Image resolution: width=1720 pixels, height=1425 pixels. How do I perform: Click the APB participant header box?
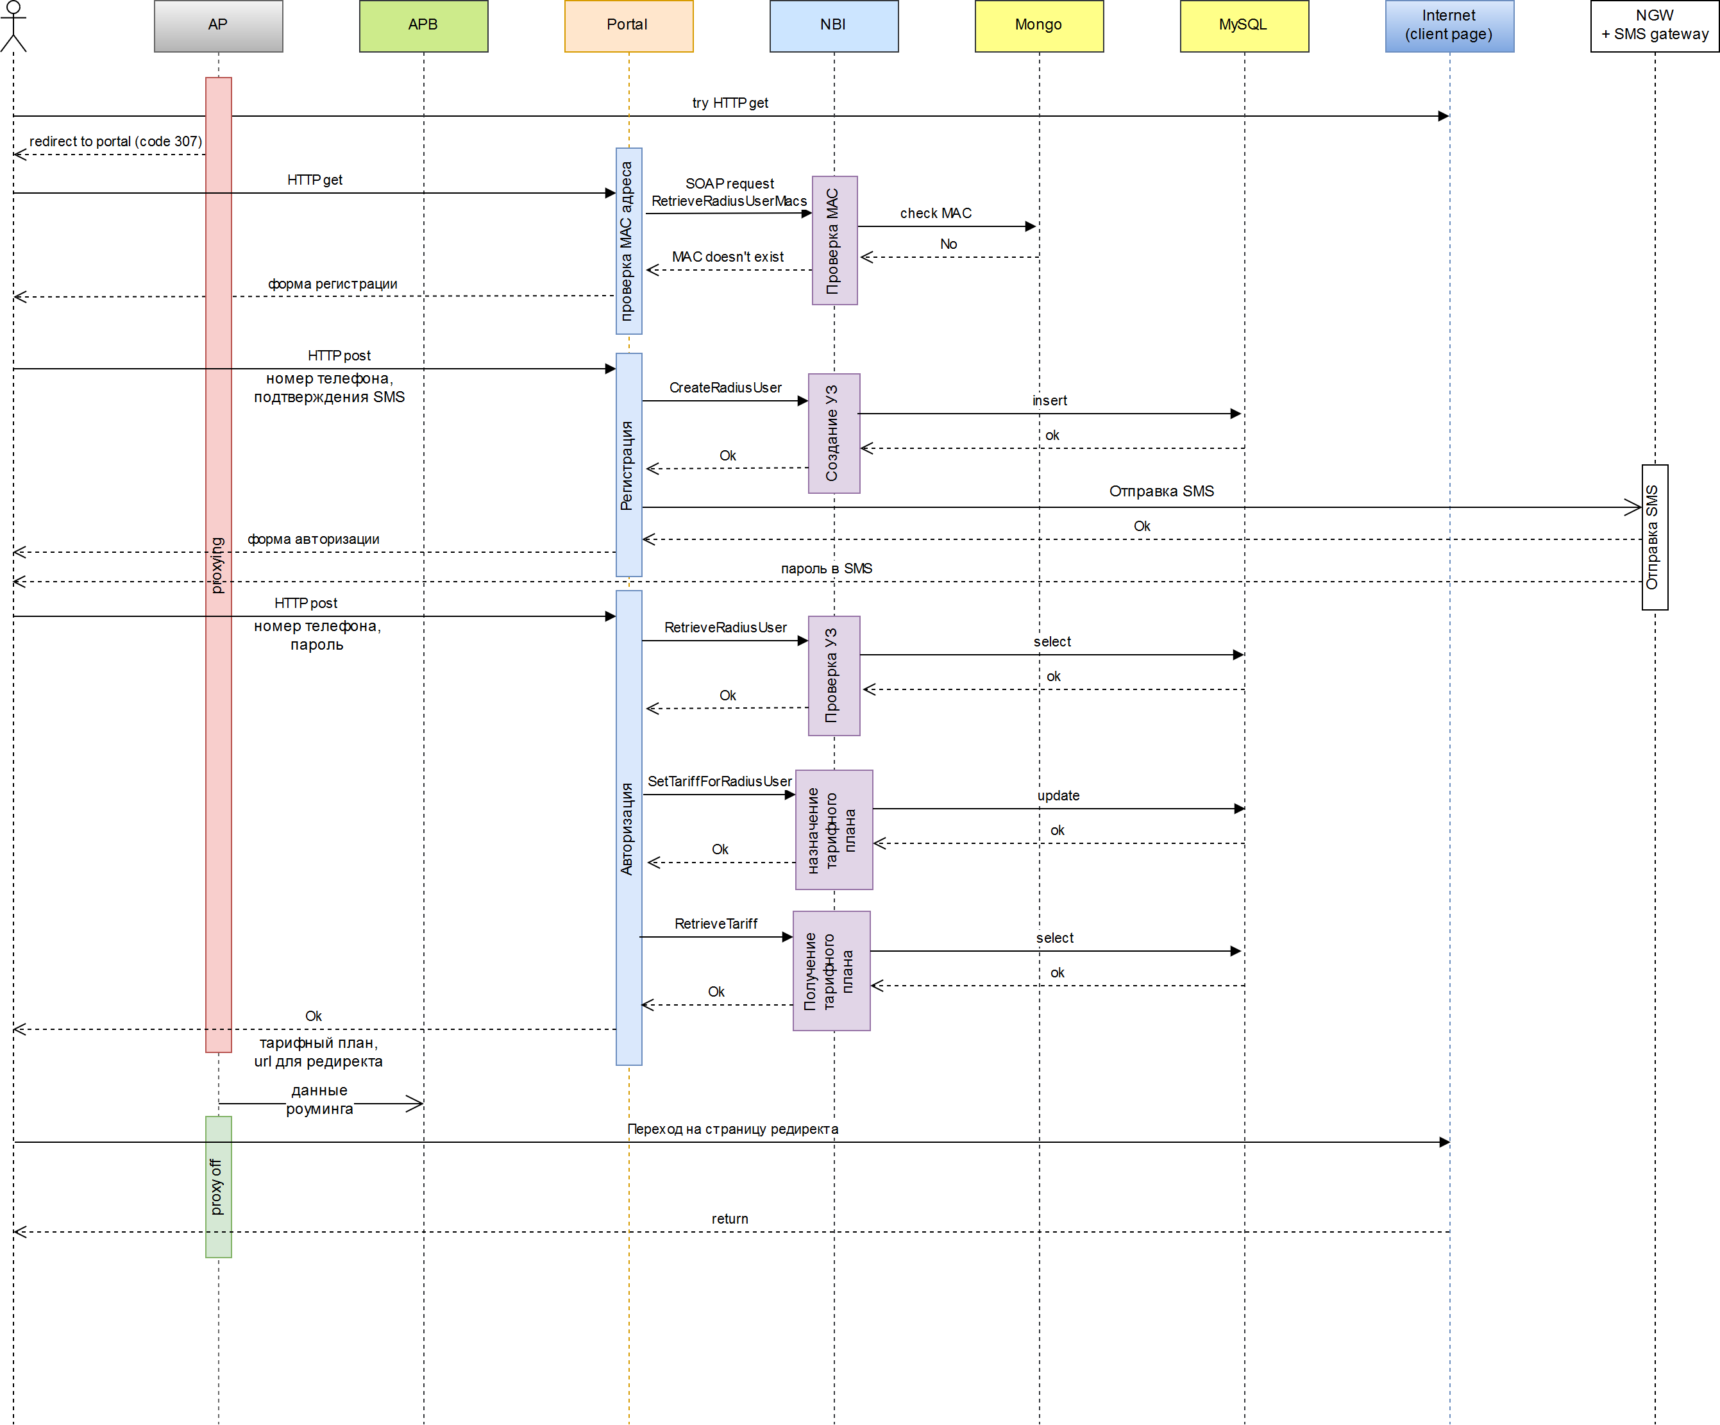pos(423,26)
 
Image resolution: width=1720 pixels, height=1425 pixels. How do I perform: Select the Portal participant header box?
pos(628,26)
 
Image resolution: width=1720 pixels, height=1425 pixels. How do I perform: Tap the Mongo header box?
pos(1038,26)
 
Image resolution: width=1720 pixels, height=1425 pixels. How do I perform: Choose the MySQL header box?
pos(1244,26)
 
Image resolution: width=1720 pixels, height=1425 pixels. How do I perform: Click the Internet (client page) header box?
pos(1449,26)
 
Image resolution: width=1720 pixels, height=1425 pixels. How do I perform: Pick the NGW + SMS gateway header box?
pos(1654,26)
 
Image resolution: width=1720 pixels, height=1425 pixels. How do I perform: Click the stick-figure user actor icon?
pos(13,26)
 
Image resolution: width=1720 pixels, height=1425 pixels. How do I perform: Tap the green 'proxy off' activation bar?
pos(218,1186)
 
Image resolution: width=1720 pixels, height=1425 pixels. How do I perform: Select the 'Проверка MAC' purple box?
pos(834,240)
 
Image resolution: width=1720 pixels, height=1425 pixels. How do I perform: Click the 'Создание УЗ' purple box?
pos(833,434)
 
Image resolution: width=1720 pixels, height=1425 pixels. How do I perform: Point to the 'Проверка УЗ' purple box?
pos(833,676)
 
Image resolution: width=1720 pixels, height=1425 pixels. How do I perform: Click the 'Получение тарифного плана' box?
pos(830,970)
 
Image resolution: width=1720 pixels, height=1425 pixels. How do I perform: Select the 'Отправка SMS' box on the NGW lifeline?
pos(1654,537)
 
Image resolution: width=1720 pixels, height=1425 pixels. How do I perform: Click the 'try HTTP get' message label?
pos(730,103)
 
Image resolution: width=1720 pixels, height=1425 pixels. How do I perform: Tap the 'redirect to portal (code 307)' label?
pos(115,142)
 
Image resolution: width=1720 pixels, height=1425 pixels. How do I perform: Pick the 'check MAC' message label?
pos(935,214)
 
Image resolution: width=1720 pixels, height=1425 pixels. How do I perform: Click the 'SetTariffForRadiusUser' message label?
pos(719,781)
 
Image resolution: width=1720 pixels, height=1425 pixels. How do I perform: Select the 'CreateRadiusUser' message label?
pos(725,387)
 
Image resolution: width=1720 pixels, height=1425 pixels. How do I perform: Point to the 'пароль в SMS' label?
pos(825,568)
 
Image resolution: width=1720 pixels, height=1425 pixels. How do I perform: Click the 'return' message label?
pos(729,1218)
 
